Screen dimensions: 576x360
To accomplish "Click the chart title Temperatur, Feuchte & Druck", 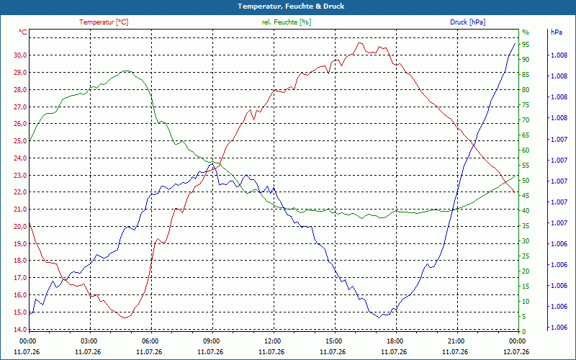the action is tap(291, 6).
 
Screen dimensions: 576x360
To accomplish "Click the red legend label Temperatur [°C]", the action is tap(104, 22).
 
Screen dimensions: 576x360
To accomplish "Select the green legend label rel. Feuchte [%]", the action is tap(286, 22).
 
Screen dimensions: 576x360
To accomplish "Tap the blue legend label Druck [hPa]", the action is tap(467, 22).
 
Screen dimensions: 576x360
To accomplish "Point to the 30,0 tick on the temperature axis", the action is tap(20, 55).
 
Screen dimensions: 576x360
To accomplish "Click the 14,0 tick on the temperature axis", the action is tap(20, 330).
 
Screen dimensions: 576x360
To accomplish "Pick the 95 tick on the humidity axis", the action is tap(526, 45).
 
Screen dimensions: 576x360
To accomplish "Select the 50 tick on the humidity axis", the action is tap(526, 181).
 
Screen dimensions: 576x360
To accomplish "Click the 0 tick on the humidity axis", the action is tap(524, 332).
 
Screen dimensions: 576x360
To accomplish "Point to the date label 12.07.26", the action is tap(516, 351).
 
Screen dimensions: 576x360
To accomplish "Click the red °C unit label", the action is tap(23, 32).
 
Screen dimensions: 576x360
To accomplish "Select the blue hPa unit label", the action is tap(556, 32).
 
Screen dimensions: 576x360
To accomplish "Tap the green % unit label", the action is tap(526, 32).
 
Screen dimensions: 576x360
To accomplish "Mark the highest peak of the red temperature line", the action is tap(359, 42).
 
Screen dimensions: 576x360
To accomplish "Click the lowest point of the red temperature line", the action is tap(125, 318).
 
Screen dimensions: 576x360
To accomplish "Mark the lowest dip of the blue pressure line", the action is tap(379, 318).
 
